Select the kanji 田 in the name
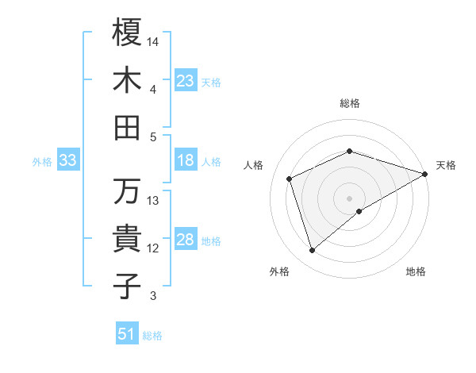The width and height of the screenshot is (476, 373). coord(127,127)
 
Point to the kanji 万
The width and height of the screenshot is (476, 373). coord(127,191)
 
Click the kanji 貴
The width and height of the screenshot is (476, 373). coord(127,239)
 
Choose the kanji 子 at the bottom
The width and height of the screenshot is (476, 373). coord(127,286)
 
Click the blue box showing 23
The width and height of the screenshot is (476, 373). coord(186,81)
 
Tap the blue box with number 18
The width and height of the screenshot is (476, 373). coord(186,161)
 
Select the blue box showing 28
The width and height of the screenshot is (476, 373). coord(186,240)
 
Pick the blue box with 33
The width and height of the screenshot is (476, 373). coord(67,161)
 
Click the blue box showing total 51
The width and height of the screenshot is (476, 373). coord(127,334)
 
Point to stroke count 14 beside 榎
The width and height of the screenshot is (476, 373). coord(154,40)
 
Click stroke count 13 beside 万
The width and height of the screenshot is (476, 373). coord(154,200)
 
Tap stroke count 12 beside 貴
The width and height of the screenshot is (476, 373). coord(154,248)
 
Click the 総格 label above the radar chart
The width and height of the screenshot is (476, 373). coord(349,103)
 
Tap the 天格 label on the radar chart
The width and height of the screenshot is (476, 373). coord(446,165)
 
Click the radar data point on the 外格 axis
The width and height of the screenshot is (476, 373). coord(313,251)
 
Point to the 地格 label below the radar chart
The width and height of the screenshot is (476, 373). coord(416,272)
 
